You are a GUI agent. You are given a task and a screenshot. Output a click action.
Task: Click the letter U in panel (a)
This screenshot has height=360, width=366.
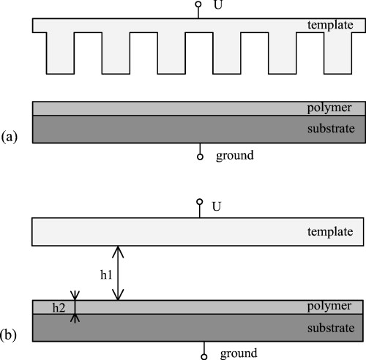(217, 6)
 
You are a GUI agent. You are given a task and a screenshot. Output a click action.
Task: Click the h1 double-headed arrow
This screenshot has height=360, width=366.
(119, 273)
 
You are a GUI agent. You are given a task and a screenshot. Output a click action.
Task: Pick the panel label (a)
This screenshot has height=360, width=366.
(10, 136)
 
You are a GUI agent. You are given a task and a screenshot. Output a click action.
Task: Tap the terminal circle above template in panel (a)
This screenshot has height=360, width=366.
(198, 5)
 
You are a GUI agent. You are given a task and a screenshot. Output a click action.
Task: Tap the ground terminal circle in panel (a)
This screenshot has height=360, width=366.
(199, 156)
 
